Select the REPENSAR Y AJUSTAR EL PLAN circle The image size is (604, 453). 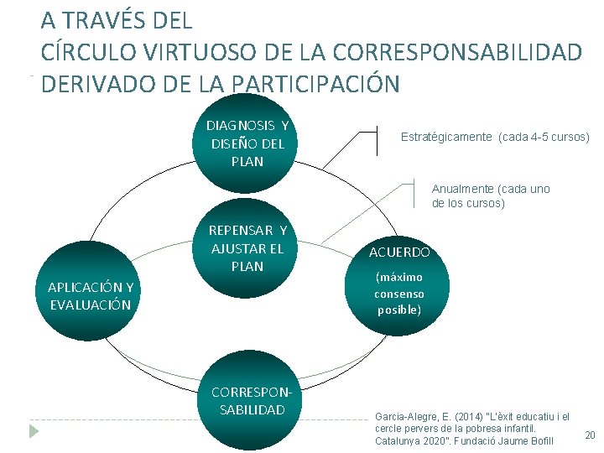pos(247,248)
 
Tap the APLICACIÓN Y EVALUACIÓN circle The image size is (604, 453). pos(90,295)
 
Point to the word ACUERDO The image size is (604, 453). pos(399,252)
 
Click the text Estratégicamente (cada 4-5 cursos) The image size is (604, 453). pos(495,137)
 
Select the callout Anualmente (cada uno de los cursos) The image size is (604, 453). pos(490,195)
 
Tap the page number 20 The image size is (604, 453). pos(589,435)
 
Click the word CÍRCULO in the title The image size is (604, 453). pos(82,52)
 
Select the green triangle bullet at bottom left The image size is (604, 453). pos(34,431)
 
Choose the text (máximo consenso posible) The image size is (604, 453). pos(399,294)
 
